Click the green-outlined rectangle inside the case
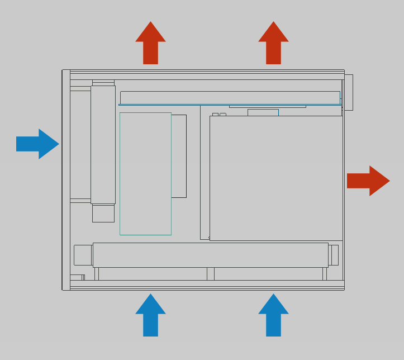(145, 174)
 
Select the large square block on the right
(276, 178)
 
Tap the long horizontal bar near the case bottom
(210, 255)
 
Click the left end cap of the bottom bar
(83, 255)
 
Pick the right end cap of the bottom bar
(334, 255)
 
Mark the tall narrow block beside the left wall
(103, 144)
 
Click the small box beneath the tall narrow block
(103, 214)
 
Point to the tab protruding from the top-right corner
(349, 92)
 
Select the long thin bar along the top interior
(230, 97)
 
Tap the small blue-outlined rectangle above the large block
(263, 112)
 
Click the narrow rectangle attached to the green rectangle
(179, 156)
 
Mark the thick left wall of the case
(66, 179)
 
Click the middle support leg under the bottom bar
(211, 274)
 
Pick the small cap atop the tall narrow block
(103, 83)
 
